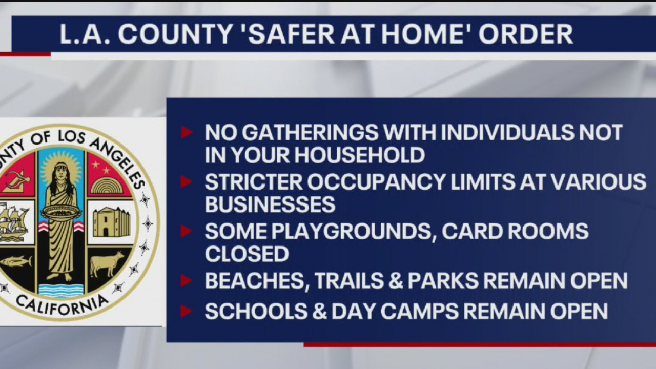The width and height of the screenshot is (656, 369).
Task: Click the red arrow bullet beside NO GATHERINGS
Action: pos(187,133)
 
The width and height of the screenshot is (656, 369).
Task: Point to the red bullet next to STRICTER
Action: pos(187,182)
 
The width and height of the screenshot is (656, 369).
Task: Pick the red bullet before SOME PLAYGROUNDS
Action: pos(187,232)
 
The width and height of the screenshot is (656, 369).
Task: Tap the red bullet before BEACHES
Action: pos(187,281)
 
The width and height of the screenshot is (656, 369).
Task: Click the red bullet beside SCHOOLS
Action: pos(187,311)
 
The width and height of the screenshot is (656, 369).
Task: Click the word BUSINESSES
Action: pos(270,204)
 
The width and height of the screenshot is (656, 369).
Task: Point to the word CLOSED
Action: pos(247,254)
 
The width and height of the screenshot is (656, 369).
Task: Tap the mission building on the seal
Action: pos(111,221)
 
